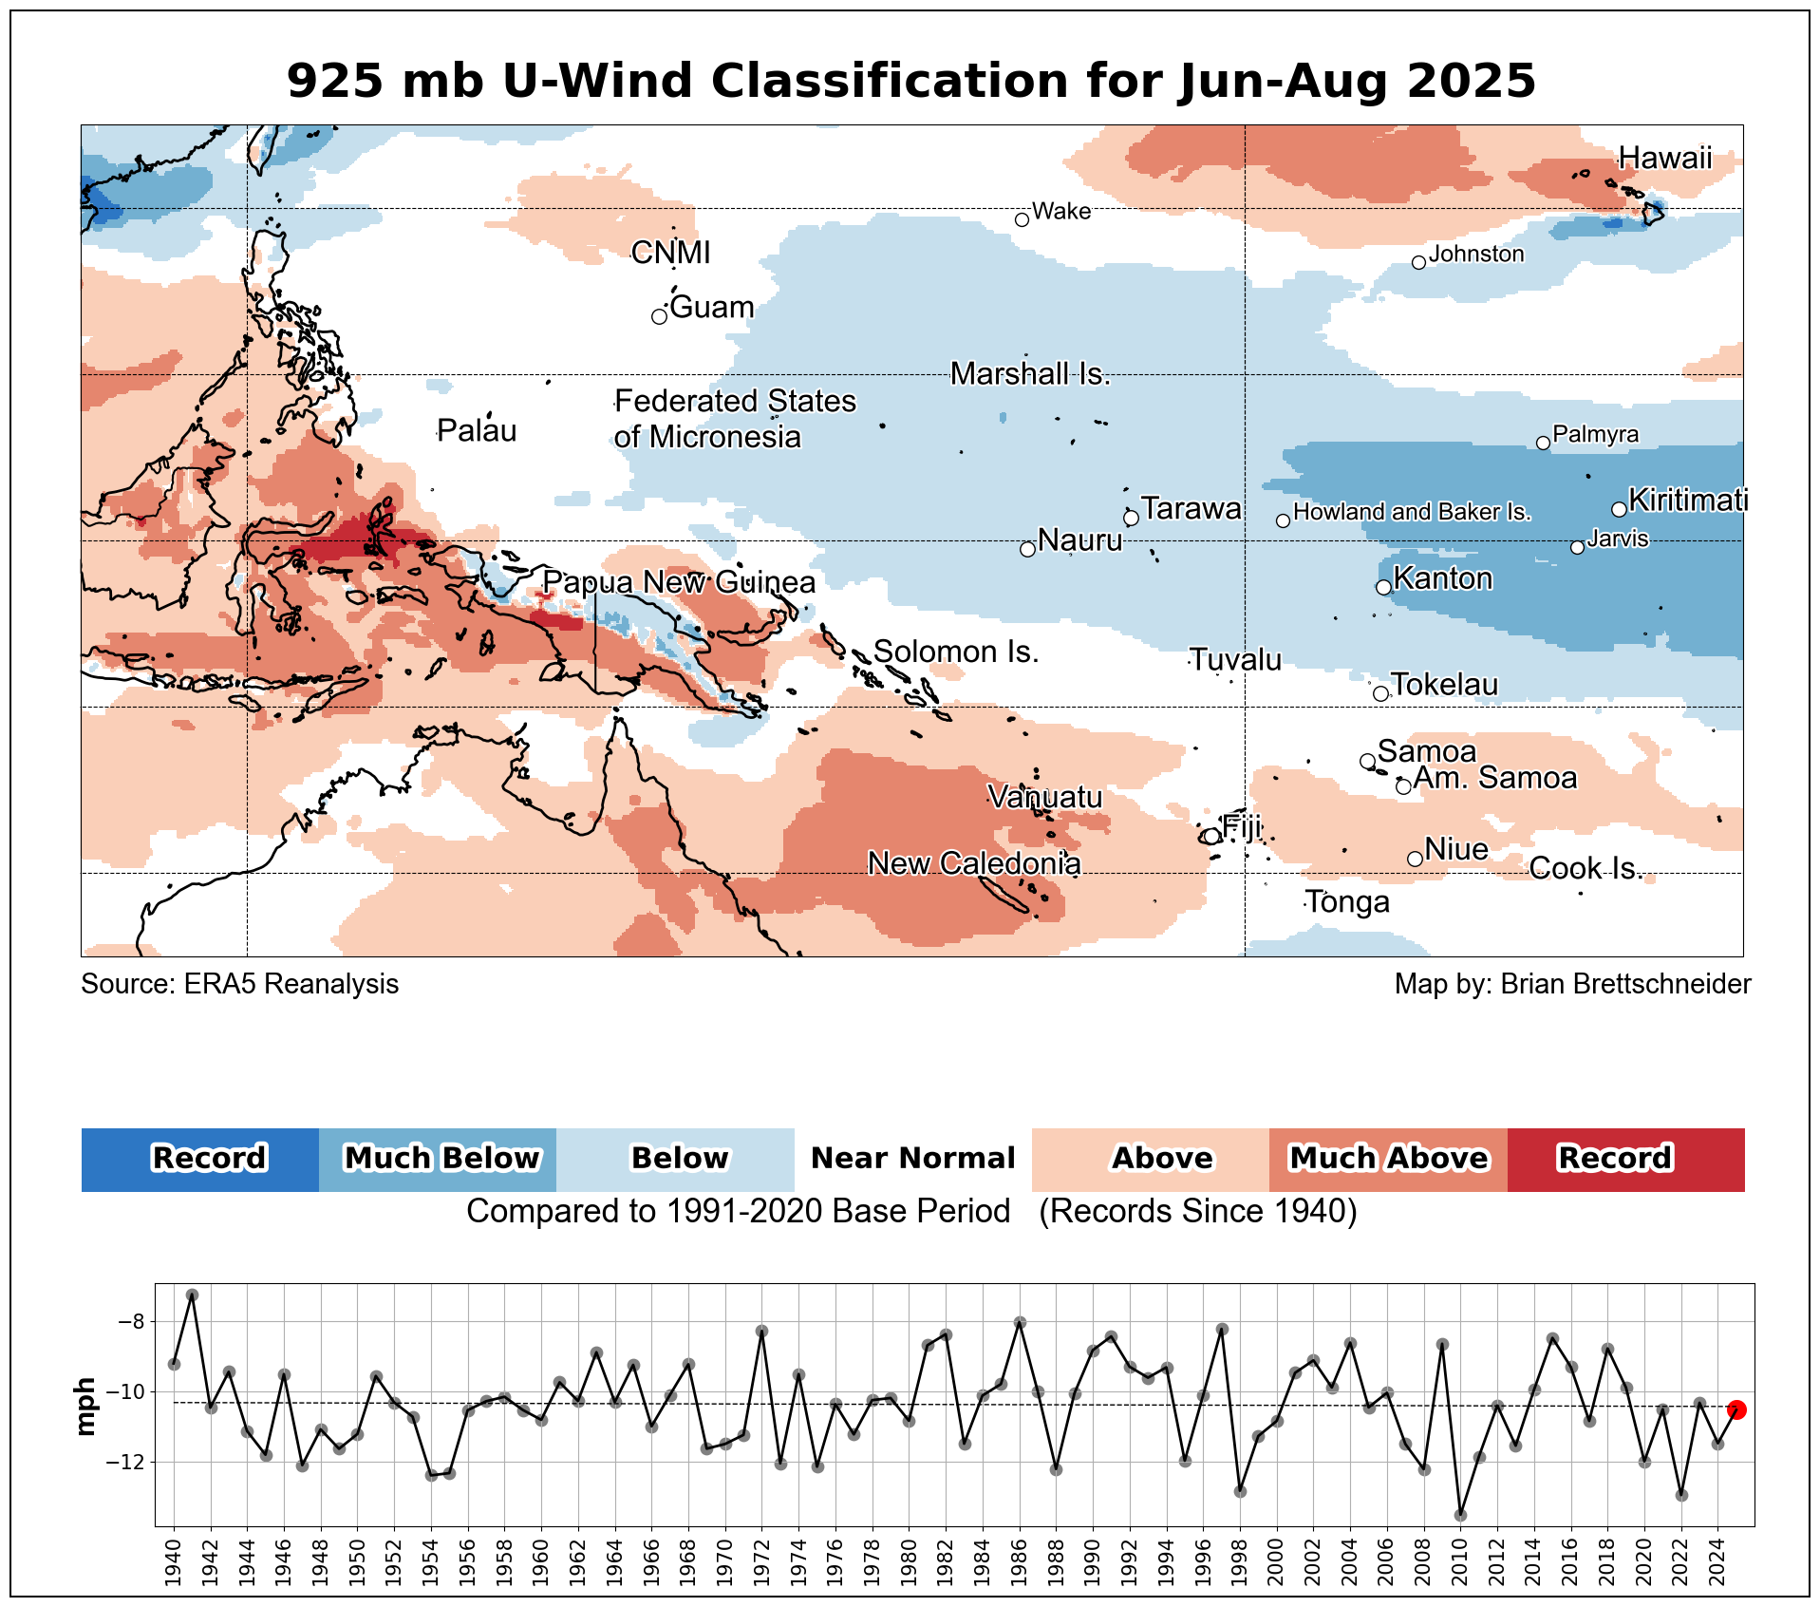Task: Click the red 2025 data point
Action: tap(1736, 1409)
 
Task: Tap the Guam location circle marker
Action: tap(659, 316)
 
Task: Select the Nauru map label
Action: tap(1079, 540)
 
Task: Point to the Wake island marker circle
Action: tap(1022, 219)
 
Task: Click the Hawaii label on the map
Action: tap(1664, 158)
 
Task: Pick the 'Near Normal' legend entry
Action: tap(912, 1159)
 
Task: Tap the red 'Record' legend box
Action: tap(1624, 1159)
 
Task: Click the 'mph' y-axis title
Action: tap(85, 1407)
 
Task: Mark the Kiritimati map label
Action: tap(1687, 500)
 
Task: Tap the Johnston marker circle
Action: tap(1418, 262)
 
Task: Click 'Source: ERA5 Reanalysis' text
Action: tap(239, 984)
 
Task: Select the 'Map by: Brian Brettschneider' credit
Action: tap(1572, 984)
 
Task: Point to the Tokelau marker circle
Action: tap(1380, 693)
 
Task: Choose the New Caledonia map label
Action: tap(974, 863)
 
